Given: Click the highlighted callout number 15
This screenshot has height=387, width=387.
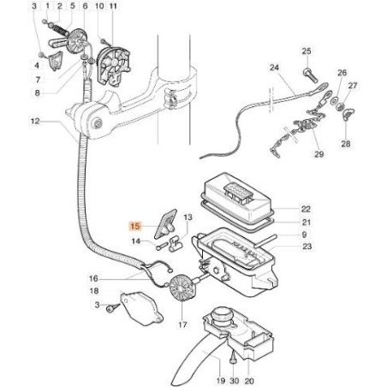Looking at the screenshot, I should point(134,228).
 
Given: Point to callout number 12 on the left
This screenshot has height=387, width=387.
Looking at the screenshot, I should point(35,122).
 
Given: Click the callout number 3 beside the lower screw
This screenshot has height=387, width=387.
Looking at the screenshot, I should point(97,304).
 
